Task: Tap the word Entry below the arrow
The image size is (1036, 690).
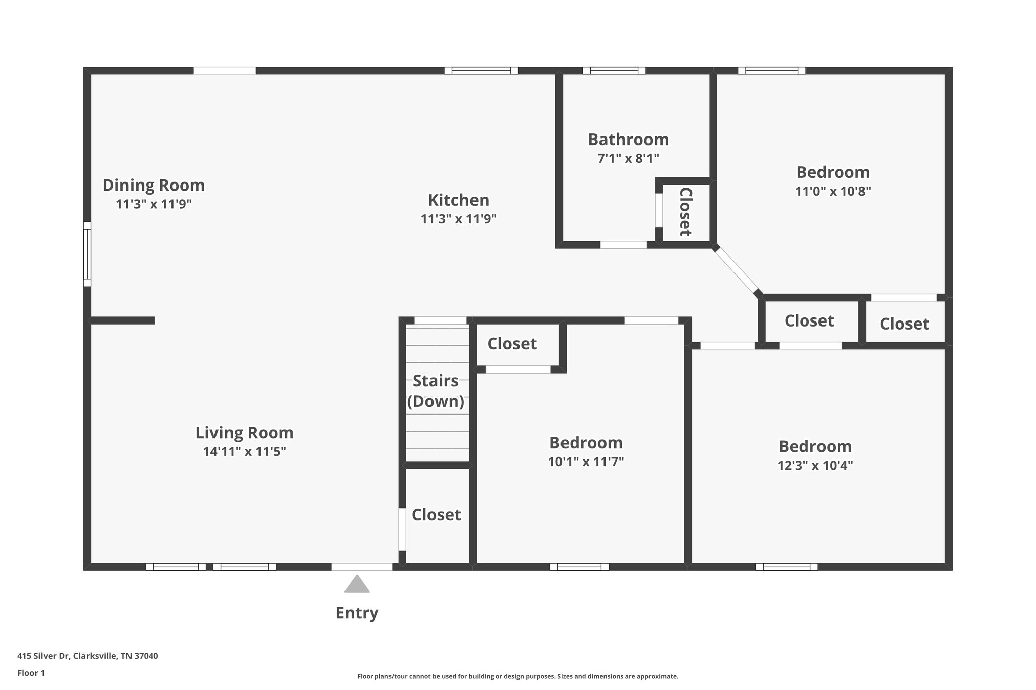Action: [357, 613]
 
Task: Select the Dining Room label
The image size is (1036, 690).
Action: [154, 185]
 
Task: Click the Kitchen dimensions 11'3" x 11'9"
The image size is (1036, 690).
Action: [459, 219]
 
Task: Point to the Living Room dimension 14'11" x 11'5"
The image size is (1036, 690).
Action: [245, 451]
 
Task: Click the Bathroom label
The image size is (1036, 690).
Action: [628, 139]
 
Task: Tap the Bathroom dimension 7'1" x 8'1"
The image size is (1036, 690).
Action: [628, 158]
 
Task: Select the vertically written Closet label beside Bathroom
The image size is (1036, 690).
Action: [685, 212]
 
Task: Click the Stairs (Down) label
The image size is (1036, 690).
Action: [436, 391]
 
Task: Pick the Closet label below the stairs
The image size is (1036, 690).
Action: [436, 515]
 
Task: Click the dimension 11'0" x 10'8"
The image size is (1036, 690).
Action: [833, 191]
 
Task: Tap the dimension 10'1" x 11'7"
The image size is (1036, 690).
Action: [586, 462]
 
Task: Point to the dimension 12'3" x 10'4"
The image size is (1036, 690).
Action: [815, 465]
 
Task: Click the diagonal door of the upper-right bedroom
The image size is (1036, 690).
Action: [736, 269]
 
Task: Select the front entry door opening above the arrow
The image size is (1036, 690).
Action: [362, 567]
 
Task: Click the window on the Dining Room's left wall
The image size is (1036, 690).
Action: [87, 254]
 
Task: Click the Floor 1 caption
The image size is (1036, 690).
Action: [31, 673]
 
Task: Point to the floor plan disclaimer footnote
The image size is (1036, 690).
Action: [518, 676]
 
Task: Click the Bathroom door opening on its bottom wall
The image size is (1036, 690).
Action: [624, 245]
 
